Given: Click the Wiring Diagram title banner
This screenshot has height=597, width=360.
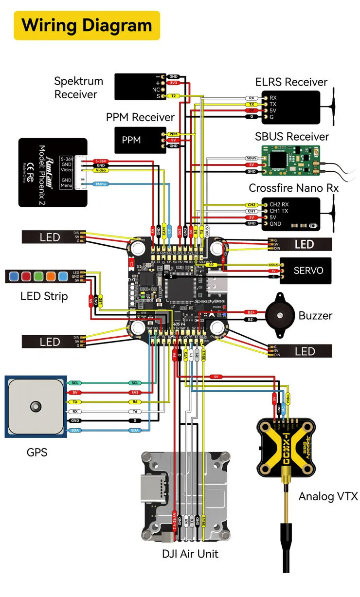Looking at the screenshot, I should click(x=87, y=25).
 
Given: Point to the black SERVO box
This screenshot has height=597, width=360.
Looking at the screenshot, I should click(x=305, y=270).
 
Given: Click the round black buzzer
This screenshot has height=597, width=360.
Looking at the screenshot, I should click(x=280, y=315).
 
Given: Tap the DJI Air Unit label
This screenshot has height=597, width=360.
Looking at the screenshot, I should click(x=190, y=554).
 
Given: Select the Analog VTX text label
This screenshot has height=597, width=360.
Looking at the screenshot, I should click(x=328, y=496).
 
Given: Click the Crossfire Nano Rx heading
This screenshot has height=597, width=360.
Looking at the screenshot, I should click(x=294, y=188).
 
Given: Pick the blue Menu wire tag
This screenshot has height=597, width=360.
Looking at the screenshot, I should click(x=101, y=184).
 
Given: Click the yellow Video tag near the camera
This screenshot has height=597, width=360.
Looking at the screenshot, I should click(x=101, y=171).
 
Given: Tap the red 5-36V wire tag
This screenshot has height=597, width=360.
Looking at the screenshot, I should click(x=101, y=160).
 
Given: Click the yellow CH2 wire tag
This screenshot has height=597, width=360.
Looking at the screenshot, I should click(x=252, y=205).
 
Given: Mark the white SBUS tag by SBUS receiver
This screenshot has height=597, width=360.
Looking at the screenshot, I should click(x=252, y=159).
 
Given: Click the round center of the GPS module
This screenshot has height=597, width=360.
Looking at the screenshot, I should click(x=35, y=406).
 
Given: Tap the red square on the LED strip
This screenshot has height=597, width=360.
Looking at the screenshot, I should click(x=27, y=277).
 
